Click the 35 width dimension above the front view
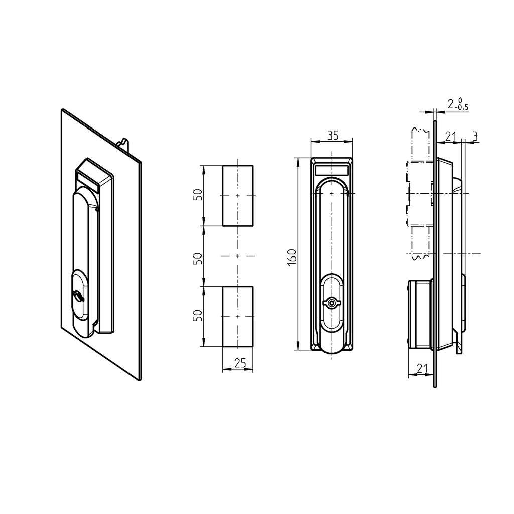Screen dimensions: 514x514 (x=332, y=135)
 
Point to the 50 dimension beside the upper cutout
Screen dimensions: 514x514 (x=198, y=195)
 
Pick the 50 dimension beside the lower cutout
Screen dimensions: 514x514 (x=198, y=316)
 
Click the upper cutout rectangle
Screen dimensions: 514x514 (x=237, y=195)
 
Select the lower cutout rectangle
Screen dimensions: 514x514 (x=237, y=316)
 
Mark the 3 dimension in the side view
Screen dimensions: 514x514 (x=474, y=136)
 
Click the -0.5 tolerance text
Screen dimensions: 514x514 (x=462, y=107)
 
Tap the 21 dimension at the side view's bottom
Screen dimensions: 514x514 (x=422, y=369)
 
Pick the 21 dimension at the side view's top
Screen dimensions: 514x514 (x=450, y=136)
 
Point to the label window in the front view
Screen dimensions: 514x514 (x=331, y=170)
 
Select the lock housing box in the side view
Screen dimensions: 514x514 (x=420, y=314)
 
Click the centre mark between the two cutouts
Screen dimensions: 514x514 (x=237, y=256)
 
